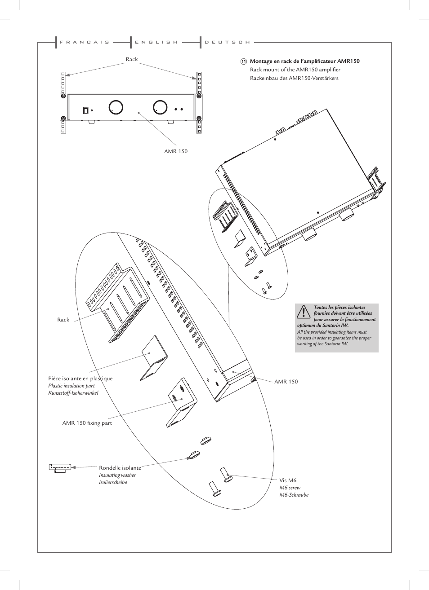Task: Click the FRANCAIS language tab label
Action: coord(85,42)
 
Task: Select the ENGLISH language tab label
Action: coord(156,42)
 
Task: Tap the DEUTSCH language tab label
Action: coord(227,42)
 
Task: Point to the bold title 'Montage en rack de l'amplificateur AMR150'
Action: coord(304,61)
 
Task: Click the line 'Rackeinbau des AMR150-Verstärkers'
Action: coord(294,78)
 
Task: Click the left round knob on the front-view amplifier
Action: coord(116,107)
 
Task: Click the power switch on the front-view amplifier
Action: coord(85,110)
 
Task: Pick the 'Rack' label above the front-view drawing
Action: coord(132,59)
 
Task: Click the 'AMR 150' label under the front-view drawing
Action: coord(176,151)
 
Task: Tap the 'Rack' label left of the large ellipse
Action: coord(63,320)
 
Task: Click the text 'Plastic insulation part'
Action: coord(71,386)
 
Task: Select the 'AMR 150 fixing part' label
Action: coord(87,423)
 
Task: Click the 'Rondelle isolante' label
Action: coord(120,468)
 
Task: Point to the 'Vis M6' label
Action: coord(288,480)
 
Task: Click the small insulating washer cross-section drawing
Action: coord(60,467)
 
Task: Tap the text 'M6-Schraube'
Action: coord(294,495)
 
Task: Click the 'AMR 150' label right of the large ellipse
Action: coord(286,382)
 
